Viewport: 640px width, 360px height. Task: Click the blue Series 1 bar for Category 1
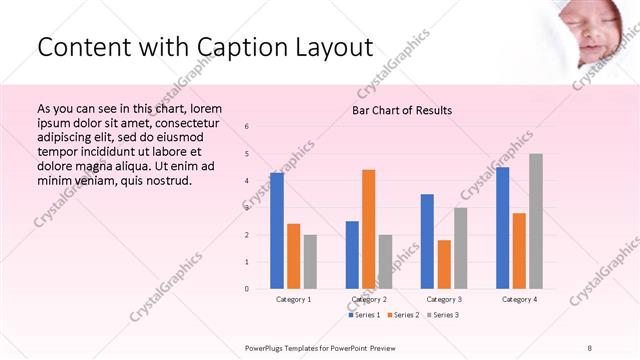tap(276, 231)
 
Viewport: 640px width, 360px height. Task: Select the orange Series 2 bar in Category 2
tap(368, 229)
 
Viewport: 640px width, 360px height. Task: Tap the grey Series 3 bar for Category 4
tap(535, 221)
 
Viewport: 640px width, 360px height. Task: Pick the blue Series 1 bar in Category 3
tap(427, 241)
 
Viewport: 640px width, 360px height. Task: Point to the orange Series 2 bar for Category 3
tap(443, 264)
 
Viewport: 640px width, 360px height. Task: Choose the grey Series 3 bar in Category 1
tap(310, 261)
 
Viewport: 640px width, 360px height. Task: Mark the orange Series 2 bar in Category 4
tap(519, 250)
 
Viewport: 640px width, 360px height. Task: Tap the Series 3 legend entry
tap(442, 315)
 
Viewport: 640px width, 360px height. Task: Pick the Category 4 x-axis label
tap(519, 299)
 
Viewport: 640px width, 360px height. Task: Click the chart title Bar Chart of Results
tap(402, 110)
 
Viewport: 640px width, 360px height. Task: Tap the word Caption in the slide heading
tap(250, 47)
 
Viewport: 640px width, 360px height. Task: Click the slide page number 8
tap(590, 346)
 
